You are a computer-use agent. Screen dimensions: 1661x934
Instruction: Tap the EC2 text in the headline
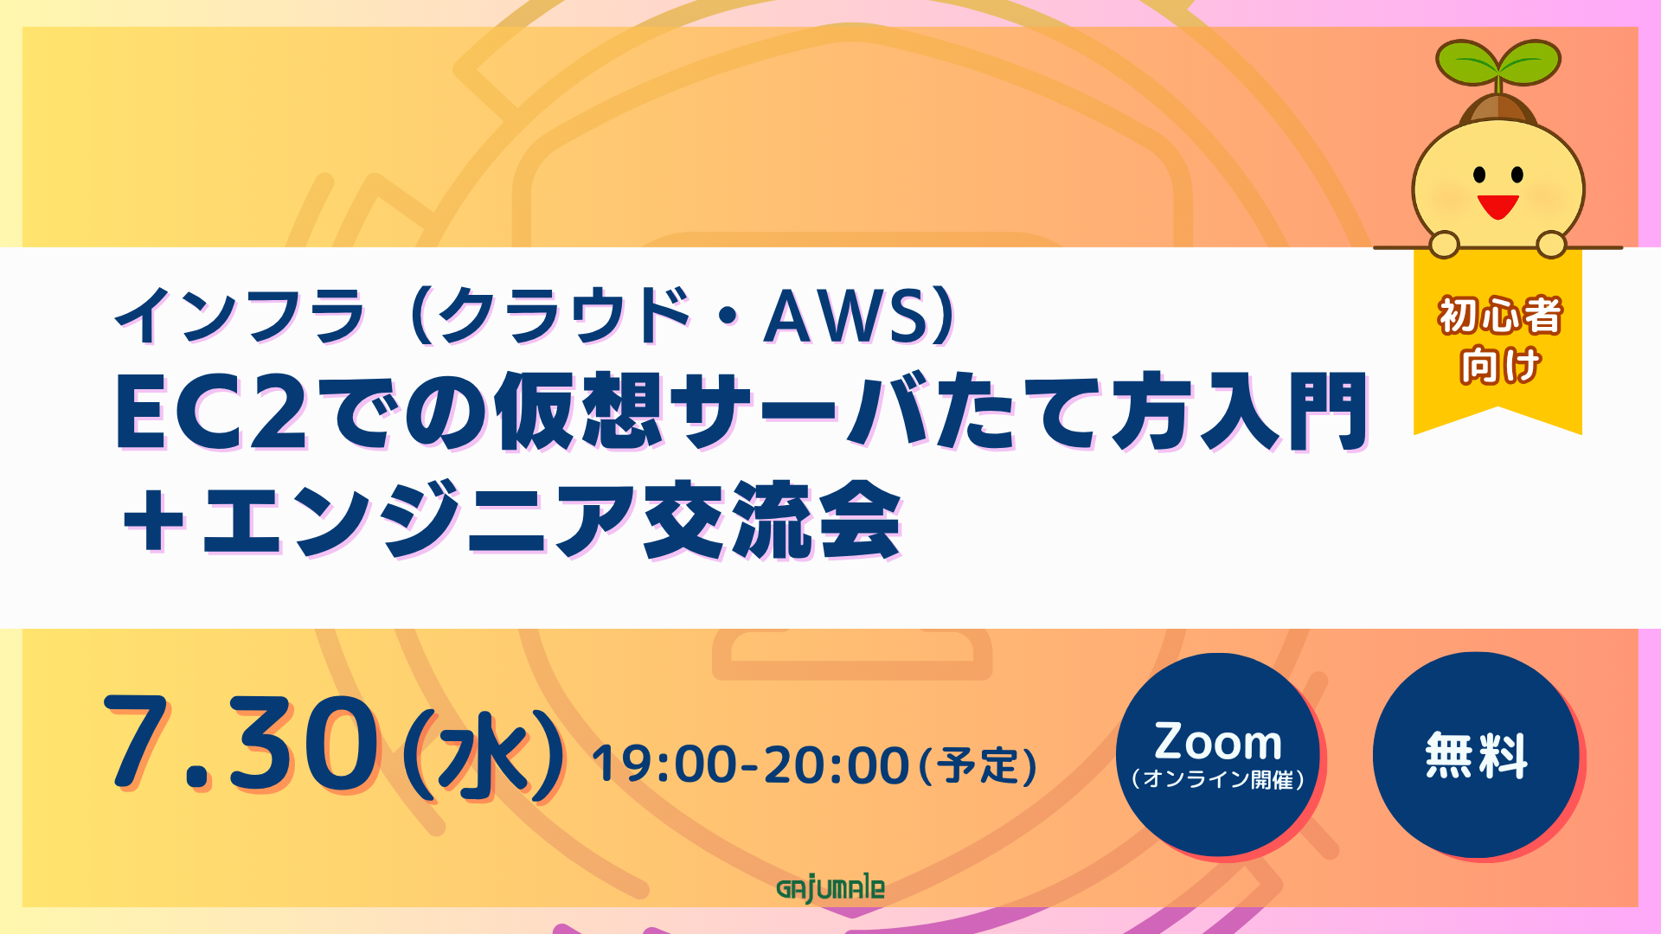click(x=212, y=413)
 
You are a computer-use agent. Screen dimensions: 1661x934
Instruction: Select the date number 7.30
click(x=241, y=745)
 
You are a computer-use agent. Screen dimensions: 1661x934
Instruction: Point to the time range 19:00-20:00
click(x=750, y=765)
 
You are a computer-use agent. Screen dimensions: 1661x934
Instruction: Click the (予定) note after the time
click(x=978, y=766)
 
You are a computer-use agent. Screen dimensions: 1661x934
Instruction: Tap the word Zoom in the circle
click(x=1218, y=742)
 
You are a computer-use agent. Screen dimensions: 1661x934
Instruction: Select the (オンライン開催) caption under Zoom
click(x=1218, y=779)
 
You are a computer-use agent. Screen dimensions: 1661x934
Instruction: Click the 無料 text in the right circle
click(x=1477, y=755)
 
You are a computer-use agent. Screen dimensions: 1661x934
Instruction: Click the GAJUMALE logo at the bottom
click(x=830, y=889)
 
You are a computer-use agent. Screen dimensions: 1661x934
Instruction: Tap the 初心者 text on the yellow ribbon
click(x=1499, y=316)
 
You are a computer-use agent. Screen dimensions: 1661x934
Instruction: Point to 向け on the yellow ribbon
click(x=1500, y=365)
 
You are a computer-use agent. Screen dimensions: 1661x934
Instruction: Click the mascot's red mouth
click(x=1497, y=207)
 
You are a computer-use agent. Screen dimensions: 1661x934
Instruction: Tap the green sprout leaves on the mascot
click(x=1498, y=62)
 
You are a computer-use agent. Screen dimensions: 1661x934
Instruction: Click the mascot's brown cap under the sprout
click(x=1498, y=108)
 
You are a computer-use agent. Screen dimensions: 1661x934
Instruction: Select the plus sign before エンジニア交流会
click(x=154, y=521)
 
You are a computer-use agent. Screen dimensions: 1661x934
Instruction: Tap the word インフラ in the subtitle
click(x=240, y=316)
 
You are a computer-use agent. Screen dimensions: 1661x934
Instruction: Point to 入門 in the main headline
click(x=1284, y=412)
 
